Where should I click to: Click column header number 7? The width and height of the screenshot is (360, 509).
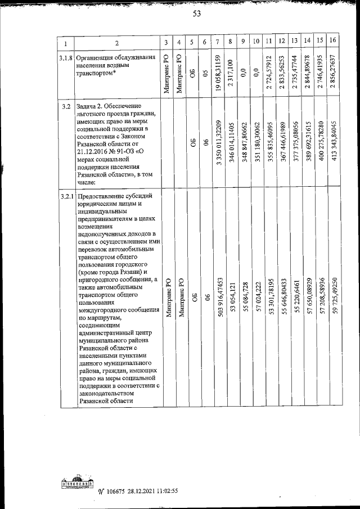point(217,42)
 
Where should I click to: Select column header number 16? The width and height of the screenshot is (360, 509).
point(334,42)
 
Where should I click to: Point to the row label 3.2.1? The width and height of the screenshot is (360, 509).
point(65,196)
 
